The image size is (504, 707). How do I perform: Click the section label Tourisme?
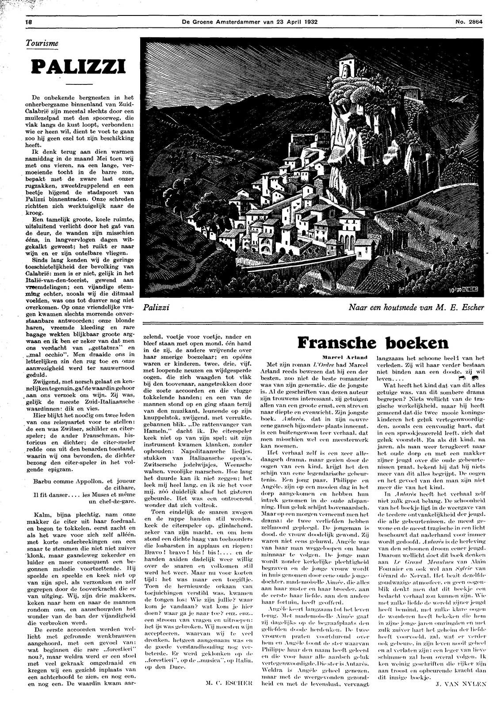[x=42, y=44]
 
